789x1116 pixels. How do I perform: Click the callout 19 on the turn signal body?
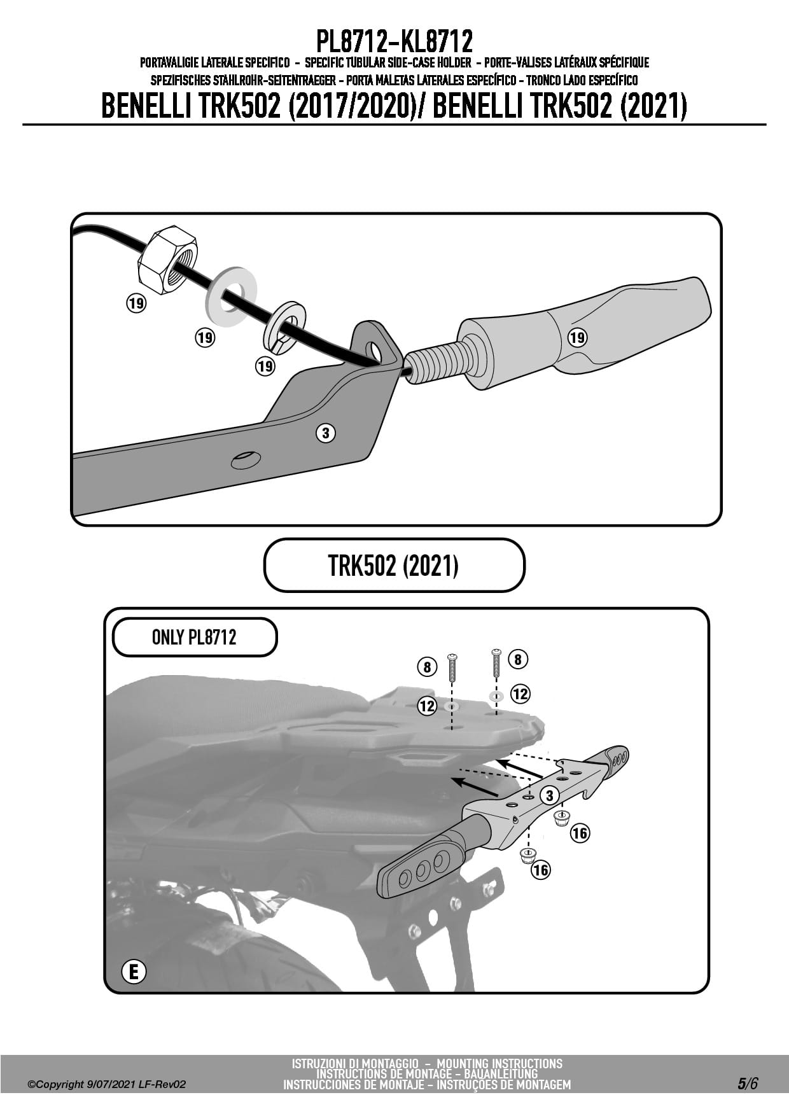pos(577,337)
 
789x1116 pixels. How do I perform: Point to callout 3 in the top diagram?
pos(325,433)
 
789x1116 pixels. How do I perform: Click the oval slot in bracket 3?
pos(246,459)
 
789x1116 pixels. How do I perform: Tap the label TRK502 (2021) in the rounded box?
pos(393,565)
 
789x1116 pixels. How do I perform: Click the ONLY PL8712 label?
pos(194,637)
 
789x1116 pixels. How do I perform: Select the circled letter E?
pos(133,972)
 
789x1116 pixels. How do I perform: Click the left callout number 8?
pos(428,667)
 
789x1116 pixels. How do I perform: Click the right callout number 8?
pos(517,659)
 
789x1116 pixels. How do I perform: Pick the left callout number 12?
pos(428,706)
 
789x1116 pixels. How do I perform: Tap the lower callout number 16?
pos(541,870)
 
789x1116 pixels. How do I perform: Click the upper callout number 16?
pos(580,832)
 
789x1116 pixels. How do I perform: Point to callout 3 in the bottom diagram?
pos(549,795)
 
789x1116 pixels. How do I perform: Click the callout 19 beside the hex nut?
pos(136,303)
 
